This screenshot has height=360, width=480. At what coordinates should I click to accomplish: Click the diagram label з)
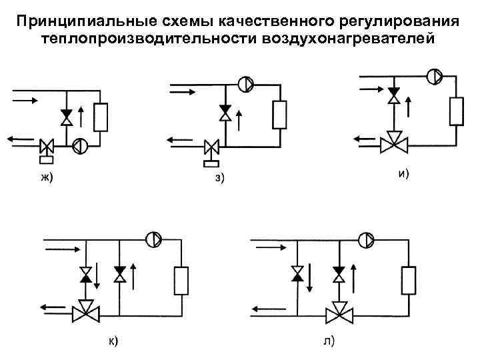(x=220, y=177)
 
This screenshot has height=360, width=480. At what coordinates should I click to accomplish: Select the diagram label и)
(x=403, y=174)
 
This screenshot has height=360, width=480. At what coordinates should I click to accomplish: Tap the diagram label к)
(x=114, y=341)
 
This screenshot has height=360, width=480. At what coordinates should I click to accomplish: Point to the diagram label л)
(x=329, y=341)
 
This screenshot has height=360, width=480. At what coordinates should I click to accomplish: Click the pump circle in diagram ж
(x=79, y=145)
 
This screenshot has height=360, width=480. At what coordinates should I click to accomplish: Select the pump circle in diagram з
(x=245, y=85)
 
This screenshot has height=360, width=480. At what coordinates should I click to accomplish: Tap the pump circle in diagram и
(x=433, y=75)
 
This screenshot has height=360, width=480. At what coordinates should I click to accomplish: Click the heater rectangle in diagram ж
(x=101, y=117)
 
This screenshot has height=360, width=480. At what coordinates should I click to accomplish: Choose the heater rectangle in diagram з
(x=280, y=115)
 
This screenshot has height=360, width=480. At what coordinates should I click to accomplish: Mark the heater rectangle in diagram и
(x=457, y=110)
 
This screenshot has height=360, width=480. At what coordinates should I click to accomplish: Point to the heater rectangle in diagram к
(x=181, y=281)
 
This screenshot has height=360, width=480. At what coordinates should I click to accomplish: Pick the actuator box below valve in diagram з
(x=213, y=162)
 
